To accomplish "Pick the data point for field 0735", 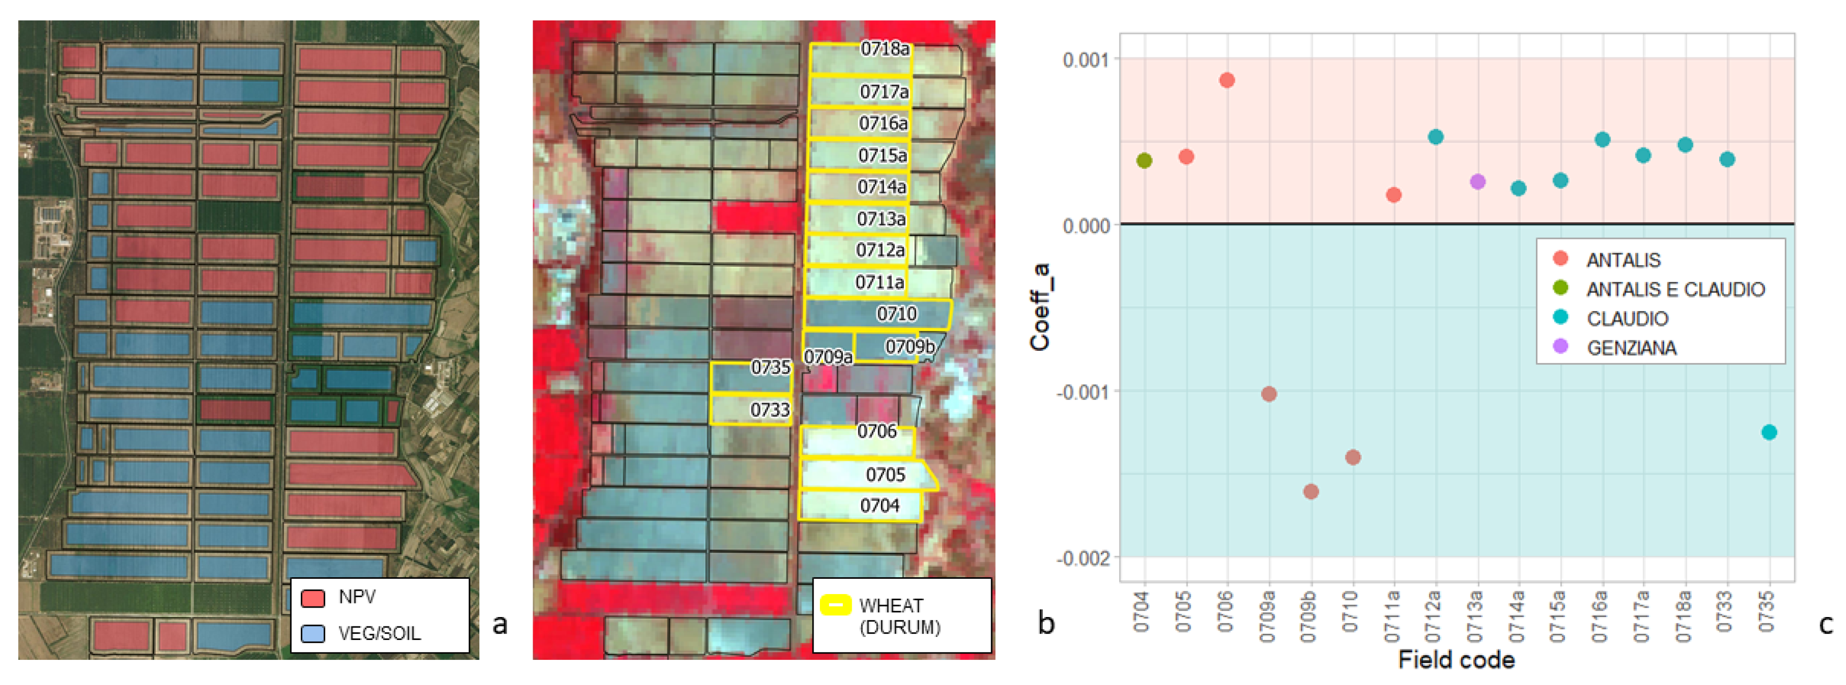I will (x=1769, y=432).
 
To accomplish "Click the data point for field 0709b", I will (x=1310, y=492).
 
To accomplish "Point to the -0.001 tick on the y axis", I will (x=1082, y=392).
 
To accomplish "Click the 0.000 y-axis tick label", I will (x=1086, y=226).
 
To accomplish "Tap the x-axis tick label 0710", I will (x=1351, y=611).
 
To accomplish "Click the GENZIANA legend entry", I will (x=1631, y=348).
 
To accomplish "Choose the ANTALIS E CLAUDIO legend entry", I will (x=1675, y=289).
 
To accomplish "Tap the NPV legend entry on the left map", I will (x=356, y=597).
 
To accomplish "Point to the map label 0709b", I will (x=909, y=347).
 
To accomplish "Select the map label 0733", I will (x=770, y=409).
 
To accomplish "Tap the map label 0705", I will (x=885, y=474).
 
